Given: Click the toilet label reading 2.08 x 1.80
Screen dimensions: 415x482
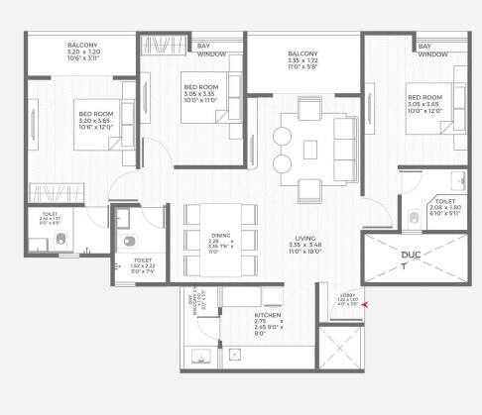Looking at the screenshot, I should [x=443, y=206].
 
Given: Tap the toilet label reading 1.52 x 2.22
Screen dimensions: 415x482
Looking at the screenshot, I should [x=143, y=265].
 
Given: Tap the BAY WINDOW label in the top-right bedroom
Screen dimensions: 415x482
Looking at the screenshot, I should [x=431, y=50].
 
